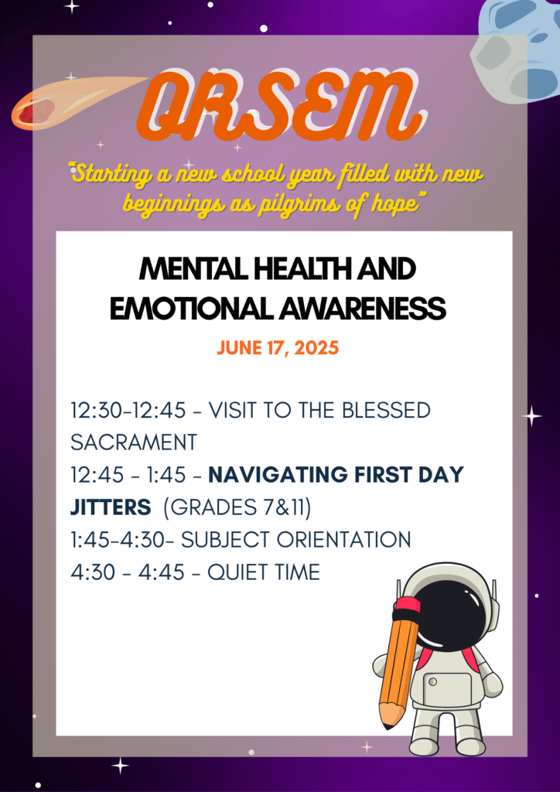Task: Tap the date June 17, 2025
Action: (278, 348)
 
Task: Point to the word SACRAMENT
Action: (134, 442)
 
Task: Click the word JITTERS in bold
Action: (111, 507)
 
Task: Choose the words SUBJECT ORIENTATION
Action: (296, 540)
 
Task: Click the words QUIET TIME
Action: (264, 572)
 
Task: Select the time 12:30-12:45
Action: (128, 410)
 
